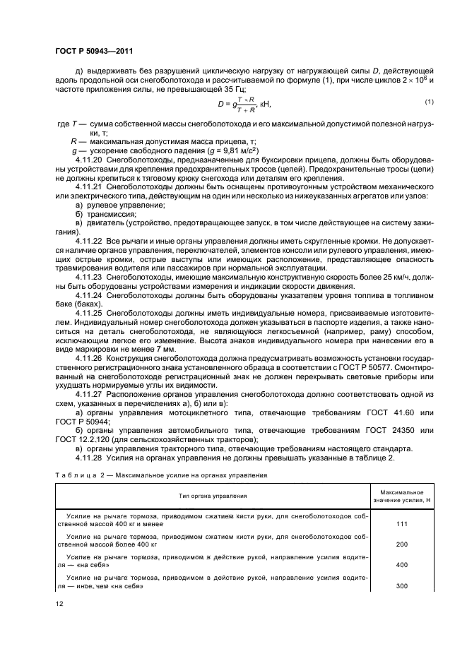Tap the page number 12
tap(60, 603)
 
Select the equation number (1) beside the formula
tap(427, 102)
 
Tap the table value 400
tap(401, 566)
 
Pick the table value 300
tap(401, 586)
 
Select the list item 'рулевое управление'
tap(126, 205)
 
